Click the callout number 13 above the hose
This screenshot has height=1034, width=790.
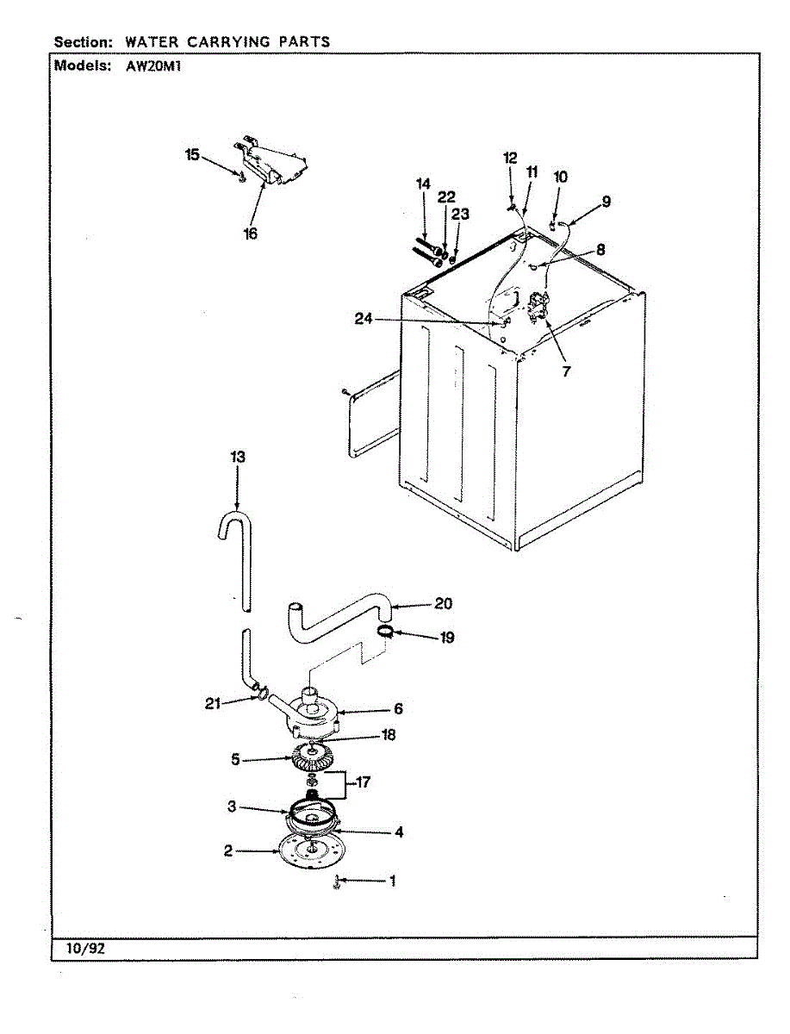coord(238,458)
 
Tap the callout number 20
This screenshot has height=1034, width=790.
coord(443,604)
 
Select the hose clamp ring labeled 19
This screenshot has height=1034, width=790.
coord(388,634)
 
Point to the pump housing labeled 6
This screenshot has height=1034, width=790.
coord(314,712)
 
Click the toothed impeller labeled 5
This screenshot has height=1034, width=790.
coord(312,760)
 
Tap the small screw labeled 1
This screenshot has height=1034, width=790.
coord(337,882)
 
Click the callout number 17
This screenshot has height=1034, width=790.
coord(363,783)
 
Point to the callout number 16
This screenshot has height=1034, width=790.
coord(250,233)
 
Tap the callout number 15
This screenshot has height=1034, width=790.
coord(192,155)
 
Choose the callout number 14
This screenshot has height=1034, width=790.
coord(422,184)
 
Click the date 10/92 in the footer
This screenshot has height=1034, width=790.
coord(85,949)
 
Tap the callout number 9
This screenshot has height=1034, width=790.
coord(606,202)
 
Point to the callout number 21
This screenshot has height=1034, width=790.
coord(213,704)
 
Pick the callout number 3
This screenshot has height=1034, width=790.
coord(232,807)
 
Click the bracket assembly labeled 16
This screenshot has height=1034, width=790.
coord(274,163)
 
